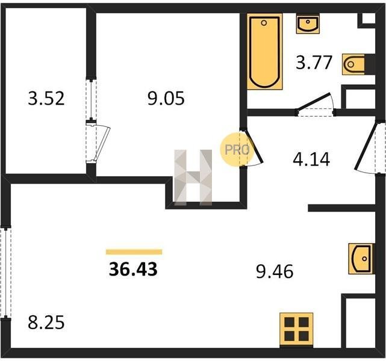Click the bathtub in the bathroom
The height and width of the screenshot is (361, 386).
(264, 52)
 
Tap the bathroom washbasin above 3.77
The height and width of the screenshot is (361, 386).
(308, 24)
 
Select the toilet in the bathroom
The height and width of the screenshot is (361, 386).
(353, 64)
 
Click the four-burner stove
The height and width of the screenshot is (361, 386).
(296, 330)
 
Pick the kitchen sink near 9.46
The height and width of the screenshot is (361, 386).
(361, 259)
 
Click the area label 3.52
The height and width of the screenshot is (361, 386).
(46, 98)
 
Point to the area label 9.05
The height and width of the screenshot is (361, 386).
(166, 98)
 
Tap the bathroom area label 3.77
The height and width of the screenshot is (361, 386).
(314, 63)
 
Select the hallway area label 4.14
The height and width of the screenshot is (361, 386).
(311, 159)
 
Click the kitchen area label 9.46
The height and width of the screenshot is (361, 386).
(275, 271)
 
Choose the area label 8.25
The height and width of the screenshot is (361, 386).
(46, 322)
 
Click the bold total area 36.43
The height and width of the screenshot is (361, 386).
(133, 269)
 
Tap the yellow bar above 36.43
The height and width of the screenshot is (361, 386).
(134, 252)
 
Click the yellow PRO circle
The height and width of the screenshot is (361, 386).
(237, 149)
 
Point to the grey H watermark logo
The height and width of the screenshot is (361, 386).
(193, 177)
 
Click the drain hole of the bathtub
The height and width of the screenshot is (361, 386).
(264, 23)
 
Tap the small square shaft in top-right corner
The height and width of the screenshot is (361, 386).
(369, 18)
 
